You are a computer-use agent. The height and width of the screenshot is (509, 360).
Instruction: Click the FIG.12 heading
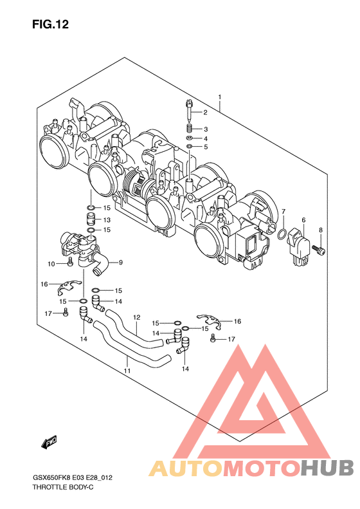click(50, 24)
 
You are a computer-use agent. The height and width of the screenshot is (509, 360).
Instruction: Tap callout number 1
click(220, 97)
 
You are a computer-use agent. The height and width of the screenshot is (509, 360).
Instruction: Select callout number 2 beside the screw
click(205, 113)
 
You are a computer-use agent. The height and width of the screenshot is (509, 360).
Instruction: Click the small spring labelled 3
click(190, 128)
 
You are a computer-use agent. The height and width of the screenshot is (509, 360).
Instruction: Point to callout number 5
click(206, 147)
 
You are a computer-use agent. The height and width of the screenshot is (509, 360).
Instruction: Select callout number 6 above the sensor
click(303, 220)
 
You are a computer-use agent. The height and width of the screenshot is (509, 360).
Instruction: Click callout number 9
click(121, 263)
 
